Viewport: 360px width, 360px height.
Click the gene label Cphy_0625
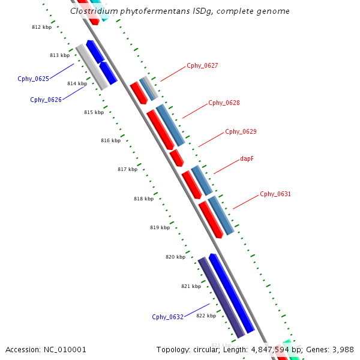[x=34, y=79]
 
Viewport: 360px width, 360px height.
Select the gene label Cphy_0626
[x=46, y=100]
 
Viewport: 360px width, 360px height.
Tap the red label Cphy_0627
[x=202, y=65]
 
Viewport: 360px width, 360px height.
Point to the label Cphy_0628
[x=224, y=103]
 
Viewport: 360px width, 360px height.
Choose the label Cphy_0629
[x=241, y=131]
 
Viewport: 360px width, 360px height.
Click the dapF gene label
[x=247, y=159]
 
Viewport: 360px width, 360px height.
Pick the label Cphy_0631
[x=275, y=194]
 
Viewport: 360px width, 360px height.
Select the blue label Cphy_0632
[x=167, y=317]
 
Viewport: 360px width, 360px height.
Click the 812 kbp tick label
[x=41, y=28]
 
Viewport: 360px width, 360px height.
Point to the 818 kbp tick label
[x=143, y=199]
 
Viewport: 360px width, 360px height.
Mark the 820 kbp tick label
[x=175, y=257]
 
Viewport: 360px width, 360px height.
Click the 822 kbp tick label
[x=206, y=316]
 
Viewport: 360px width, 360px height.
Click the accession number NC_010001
[x=65, y=349]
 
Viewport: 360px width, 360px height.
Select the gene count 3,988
[x=342, y=349]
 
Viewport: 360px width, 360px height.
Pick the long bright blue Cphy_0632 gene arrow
[x=232, y=294]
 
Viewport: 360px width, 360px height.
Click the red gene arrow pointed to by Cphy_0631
[x=211, y=219]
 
